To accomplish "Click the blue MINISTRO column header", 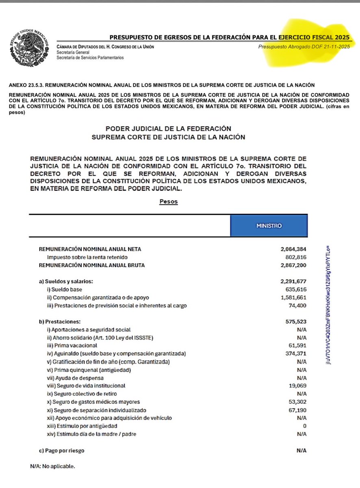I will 269,225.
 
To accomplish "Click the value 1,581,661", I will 293,297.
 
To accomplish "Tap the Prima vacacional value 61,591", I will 297,346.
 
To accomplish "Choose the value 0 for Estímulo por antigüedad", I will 305,426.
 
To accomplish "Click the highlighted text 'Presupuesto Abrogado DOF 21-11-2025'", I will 304,47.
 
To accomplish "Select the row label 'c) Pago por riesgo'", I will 62,451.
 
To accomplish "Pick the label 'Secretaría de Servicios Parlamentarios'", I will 90,57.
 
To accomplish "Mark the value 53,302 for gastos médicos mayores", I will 297,402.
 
